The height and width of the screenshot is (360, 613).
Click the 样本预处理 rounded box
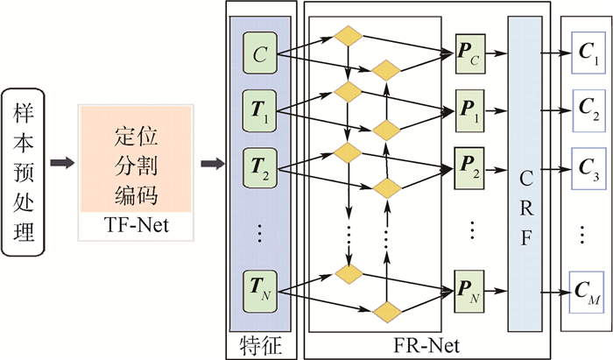click(23, 164)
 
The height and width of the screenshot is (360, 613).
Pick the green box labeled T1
click(259, 111)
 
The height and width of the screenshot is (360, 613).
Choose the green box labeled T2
click(259, 164)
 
